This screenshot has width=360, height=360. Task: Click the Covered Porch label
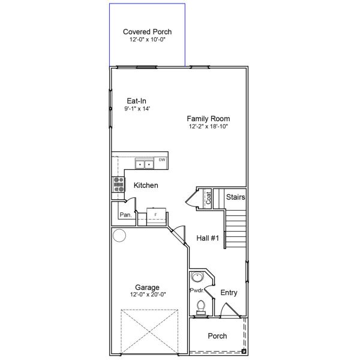(x=147, y=32)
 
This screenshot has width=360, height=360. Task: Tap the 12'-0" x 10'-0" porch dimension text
(x=147, y=40)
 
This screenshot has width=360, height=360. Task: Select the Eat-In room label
(x=136, y=101)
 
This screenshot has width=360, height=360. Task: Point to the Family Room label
(x=208, y=119)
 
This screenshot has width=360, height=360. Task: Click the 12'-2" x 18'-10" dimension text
(x=208, y=127)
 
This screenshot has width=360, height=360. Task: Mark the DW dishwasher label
(x=162, y=160)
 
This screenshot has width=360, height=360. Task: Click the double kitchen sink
(x=144, y=163)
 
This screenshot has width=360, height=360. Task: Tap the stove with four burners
(x=118, y=185)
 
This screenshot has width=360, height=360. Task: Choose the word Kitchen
(x=146, y=185)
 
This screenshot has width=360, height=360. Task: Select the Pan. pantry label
(x=125, y=214)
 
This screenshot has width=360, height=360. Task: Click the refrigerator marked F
(x=155, y=215)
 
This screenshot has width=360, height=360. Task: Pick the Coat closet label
(x=208, y=198)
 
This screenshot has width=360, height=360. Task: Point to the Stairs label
(x=235, y=197)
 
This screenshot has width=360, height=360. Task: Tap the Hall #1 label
(x=208, y=238)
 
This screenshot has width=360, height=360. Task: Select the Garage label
(x=147, y=287)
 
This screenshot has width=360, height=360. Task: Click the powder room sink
(x=197, y=277)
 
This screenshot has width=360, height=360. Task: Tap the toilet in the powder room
(x=200, y=308)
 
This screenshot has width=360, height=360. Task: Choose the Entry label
(x=229, y=293)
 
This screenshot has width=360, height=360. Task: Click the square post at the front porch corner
(x=244, y=350)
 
